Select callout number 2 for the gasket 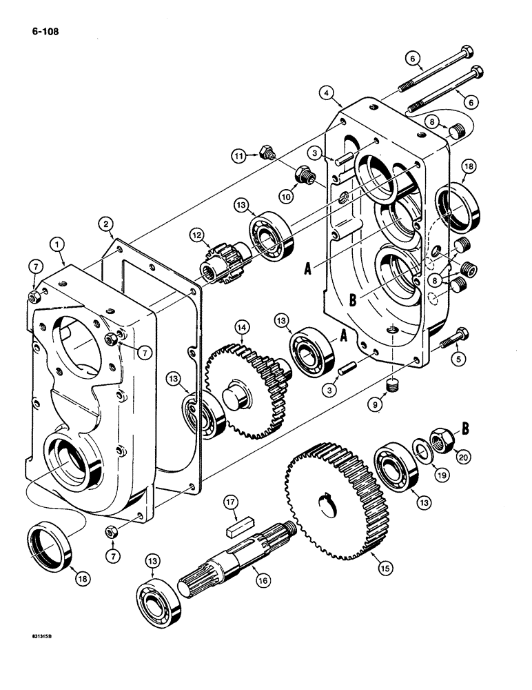coord(105,223)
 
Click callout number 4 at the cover coord(327,91)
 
